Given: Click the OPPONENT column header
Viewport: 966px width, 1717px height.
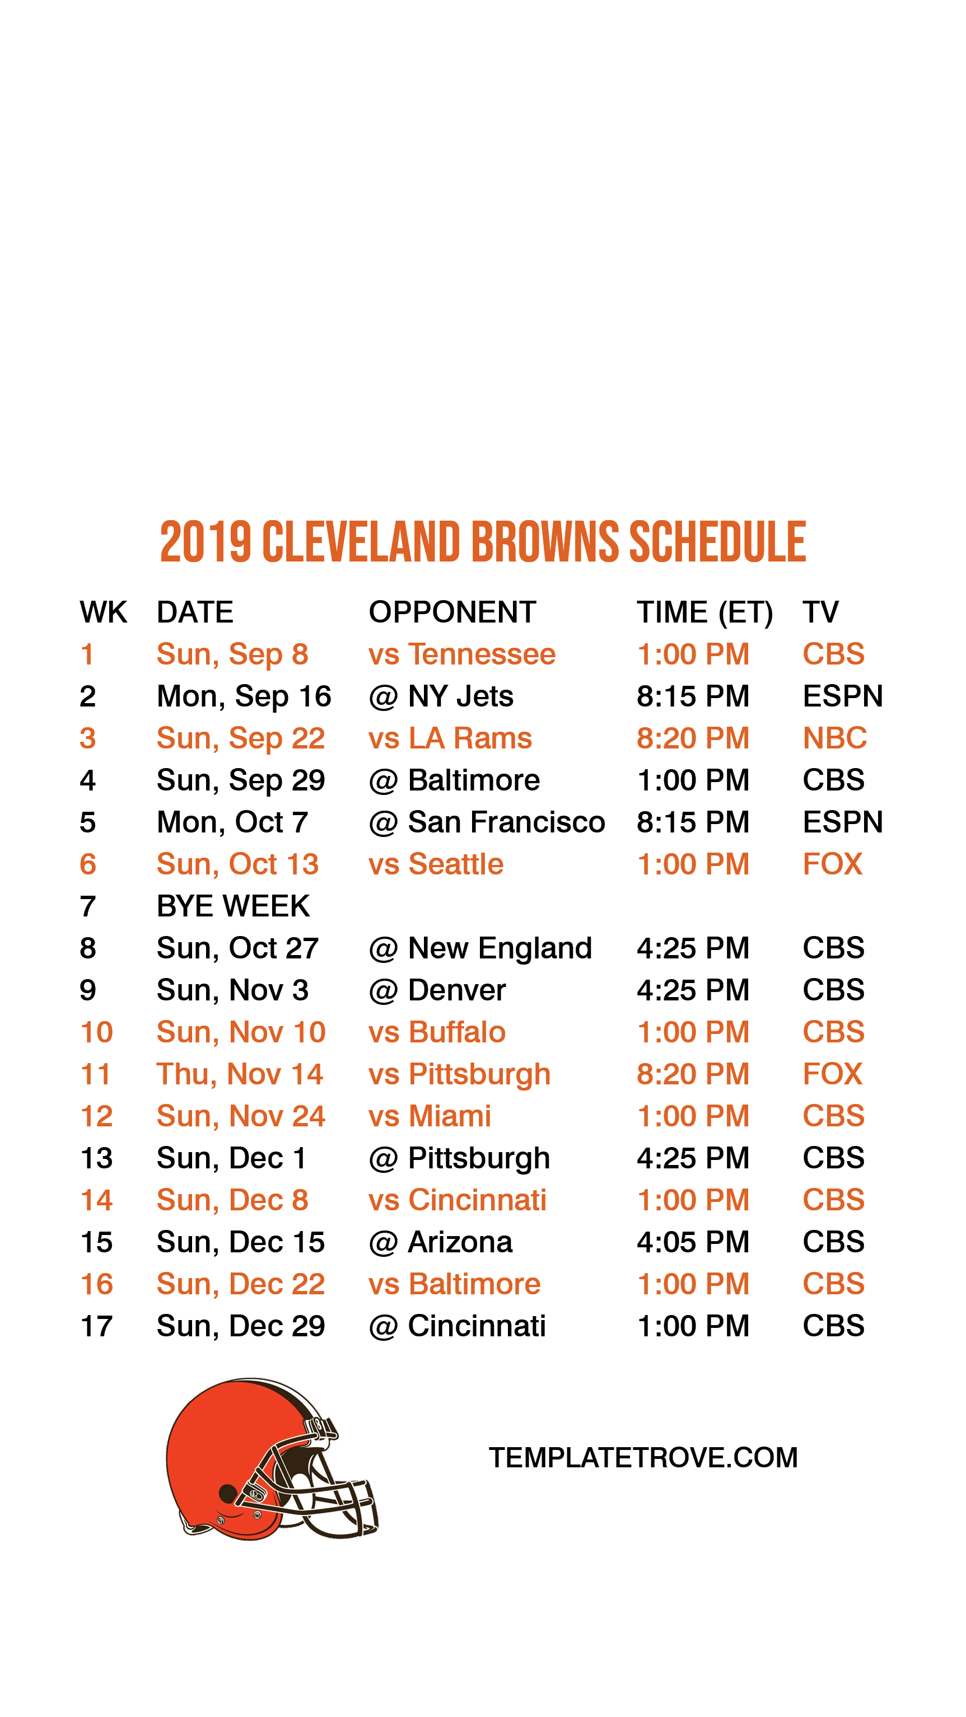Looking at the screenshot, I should [452, 612].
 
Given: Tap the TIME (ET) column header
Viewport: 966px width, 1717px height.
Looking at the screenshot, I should [704, 612].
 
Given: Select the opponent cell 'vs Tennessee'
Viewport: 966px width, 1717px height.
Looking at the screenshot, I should [461, 654].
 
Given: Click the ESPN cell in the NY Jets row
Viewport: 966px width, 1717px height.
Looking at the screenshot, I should [842, 696].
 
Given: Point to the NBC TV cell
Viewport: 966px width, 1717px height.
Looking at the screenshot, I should [834, 738].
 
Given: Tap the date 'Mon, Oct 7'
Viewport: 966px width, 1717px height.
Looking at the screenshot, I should [232, 822].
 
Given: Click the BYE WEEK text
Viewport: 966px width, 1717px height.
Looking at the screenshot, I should [232, 906].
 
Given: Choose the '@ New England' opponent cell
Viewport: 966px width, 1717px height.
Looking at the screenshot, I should [480, 948].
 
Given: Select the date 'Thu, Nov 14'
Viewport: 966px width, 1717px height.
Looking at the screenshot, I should [239, 1074].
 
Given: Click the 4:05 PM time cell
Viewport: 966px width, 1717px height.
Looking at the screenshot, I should [693, 1242].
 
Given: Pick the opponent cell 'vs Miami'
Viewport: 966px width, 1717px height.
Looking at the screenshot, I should [430, 1116].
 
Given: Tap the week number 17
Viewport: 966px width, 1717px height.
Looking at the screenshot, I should [96, 1326].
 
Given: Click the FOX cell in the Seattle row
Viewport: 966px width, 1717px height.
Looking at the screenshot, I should [832, 864].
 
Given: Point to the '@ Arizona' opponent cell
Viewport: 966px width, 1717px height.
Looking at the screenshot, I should [440, 1242].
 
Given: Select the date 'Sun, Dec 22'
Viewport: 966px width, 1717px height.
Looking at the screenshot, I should [240, 1284].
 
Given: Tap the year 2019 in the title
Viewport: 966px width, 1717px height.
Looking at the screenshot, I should [206, 542].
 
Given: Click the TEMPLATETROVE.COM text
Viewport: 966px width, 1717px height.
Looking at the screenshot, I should [643, 1457].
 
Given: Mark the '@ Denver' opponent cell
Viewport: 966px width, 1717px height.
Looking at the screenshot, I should [437, 990].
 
